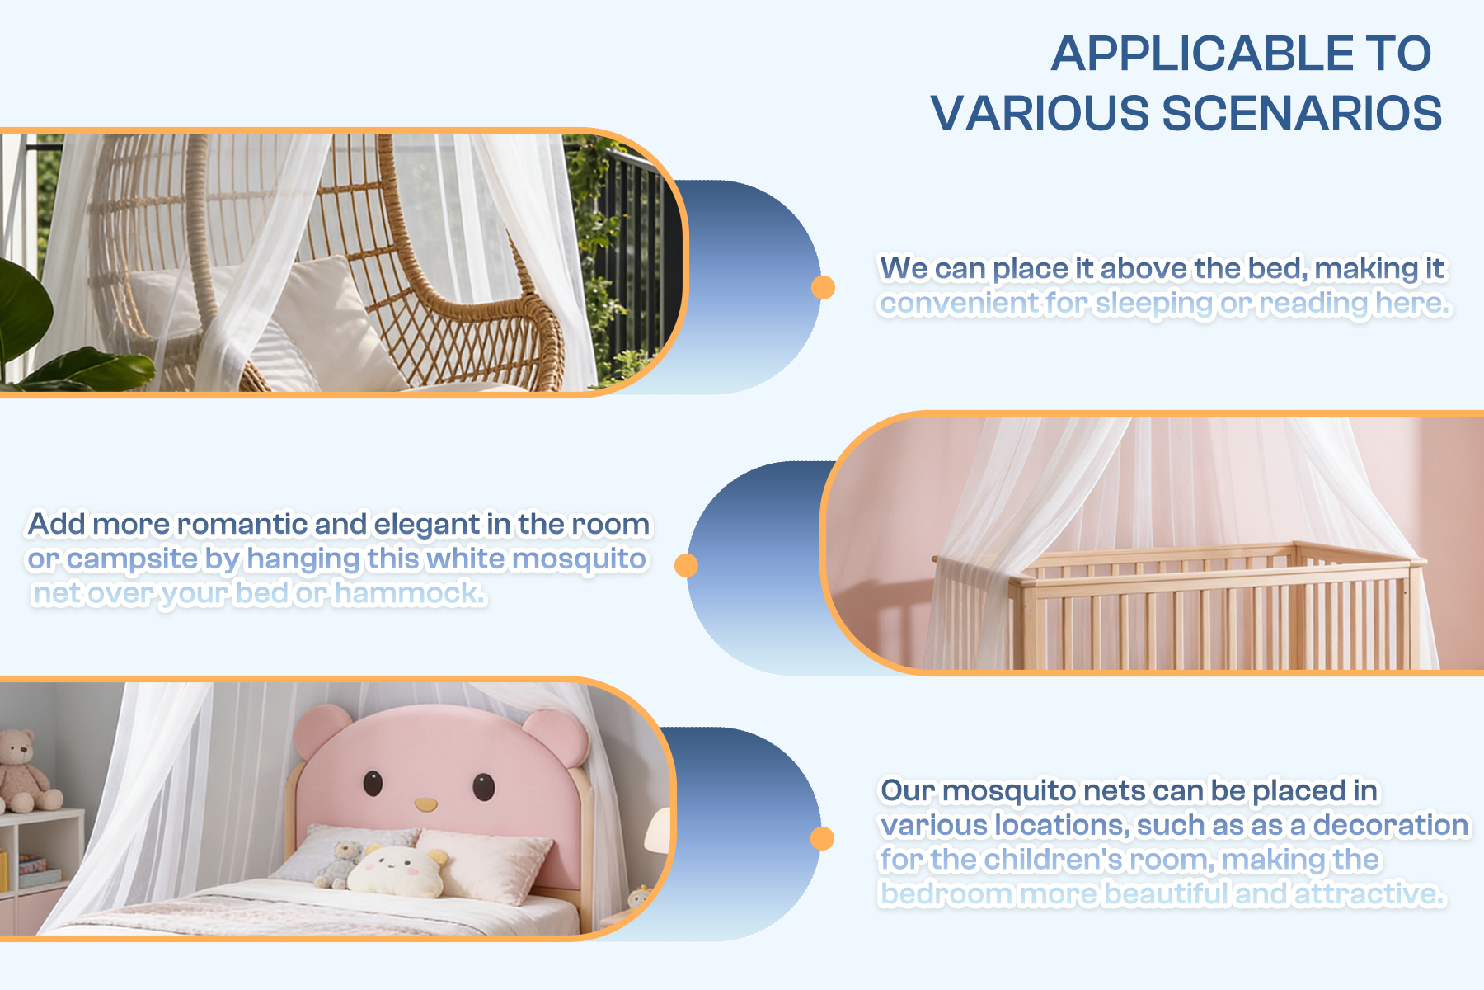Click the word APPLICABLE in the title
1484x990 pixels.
[x=1202, y=54]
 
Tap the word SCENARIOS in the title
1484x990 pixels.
[x=1302, y=113]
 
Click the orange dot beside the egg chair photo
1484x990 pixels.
[x=823, y=287]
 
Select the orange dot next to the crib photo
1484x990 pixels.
[x=686, y=565]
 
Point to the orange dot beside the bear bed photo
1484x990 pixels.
[x=822, y=838]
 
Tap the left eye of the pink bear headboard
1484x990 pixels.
[x=373, y=783]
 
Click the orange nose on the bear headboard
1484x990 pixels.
[x=425, y=804]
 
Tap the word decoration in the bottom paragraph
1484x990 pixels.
[x=1391, y=825]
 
